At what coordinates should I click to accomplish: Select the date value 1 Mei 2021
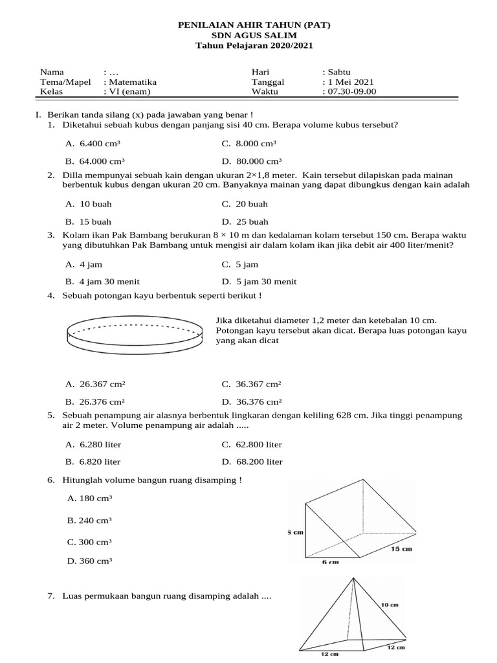(350, 82)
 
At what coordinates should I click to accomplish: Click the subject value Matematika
(132, 82)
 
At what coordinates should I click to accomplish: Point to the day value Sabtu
(338, 72)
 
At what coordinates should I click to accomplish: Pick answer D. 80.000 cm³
(251, 161)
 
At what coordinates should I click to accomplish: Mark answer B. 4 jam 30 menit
(102, 282)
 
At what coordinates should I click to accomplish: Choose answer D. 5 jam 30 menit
(259, 282)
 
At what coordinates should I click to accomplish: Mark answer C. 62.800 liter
(252, 445)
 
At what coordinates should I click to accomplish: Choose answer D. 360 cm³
(89, 561)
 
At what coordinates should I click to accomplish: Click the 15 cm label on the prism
(401, 549)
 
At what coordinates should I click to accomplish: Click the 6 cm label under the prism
(330, 562)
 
